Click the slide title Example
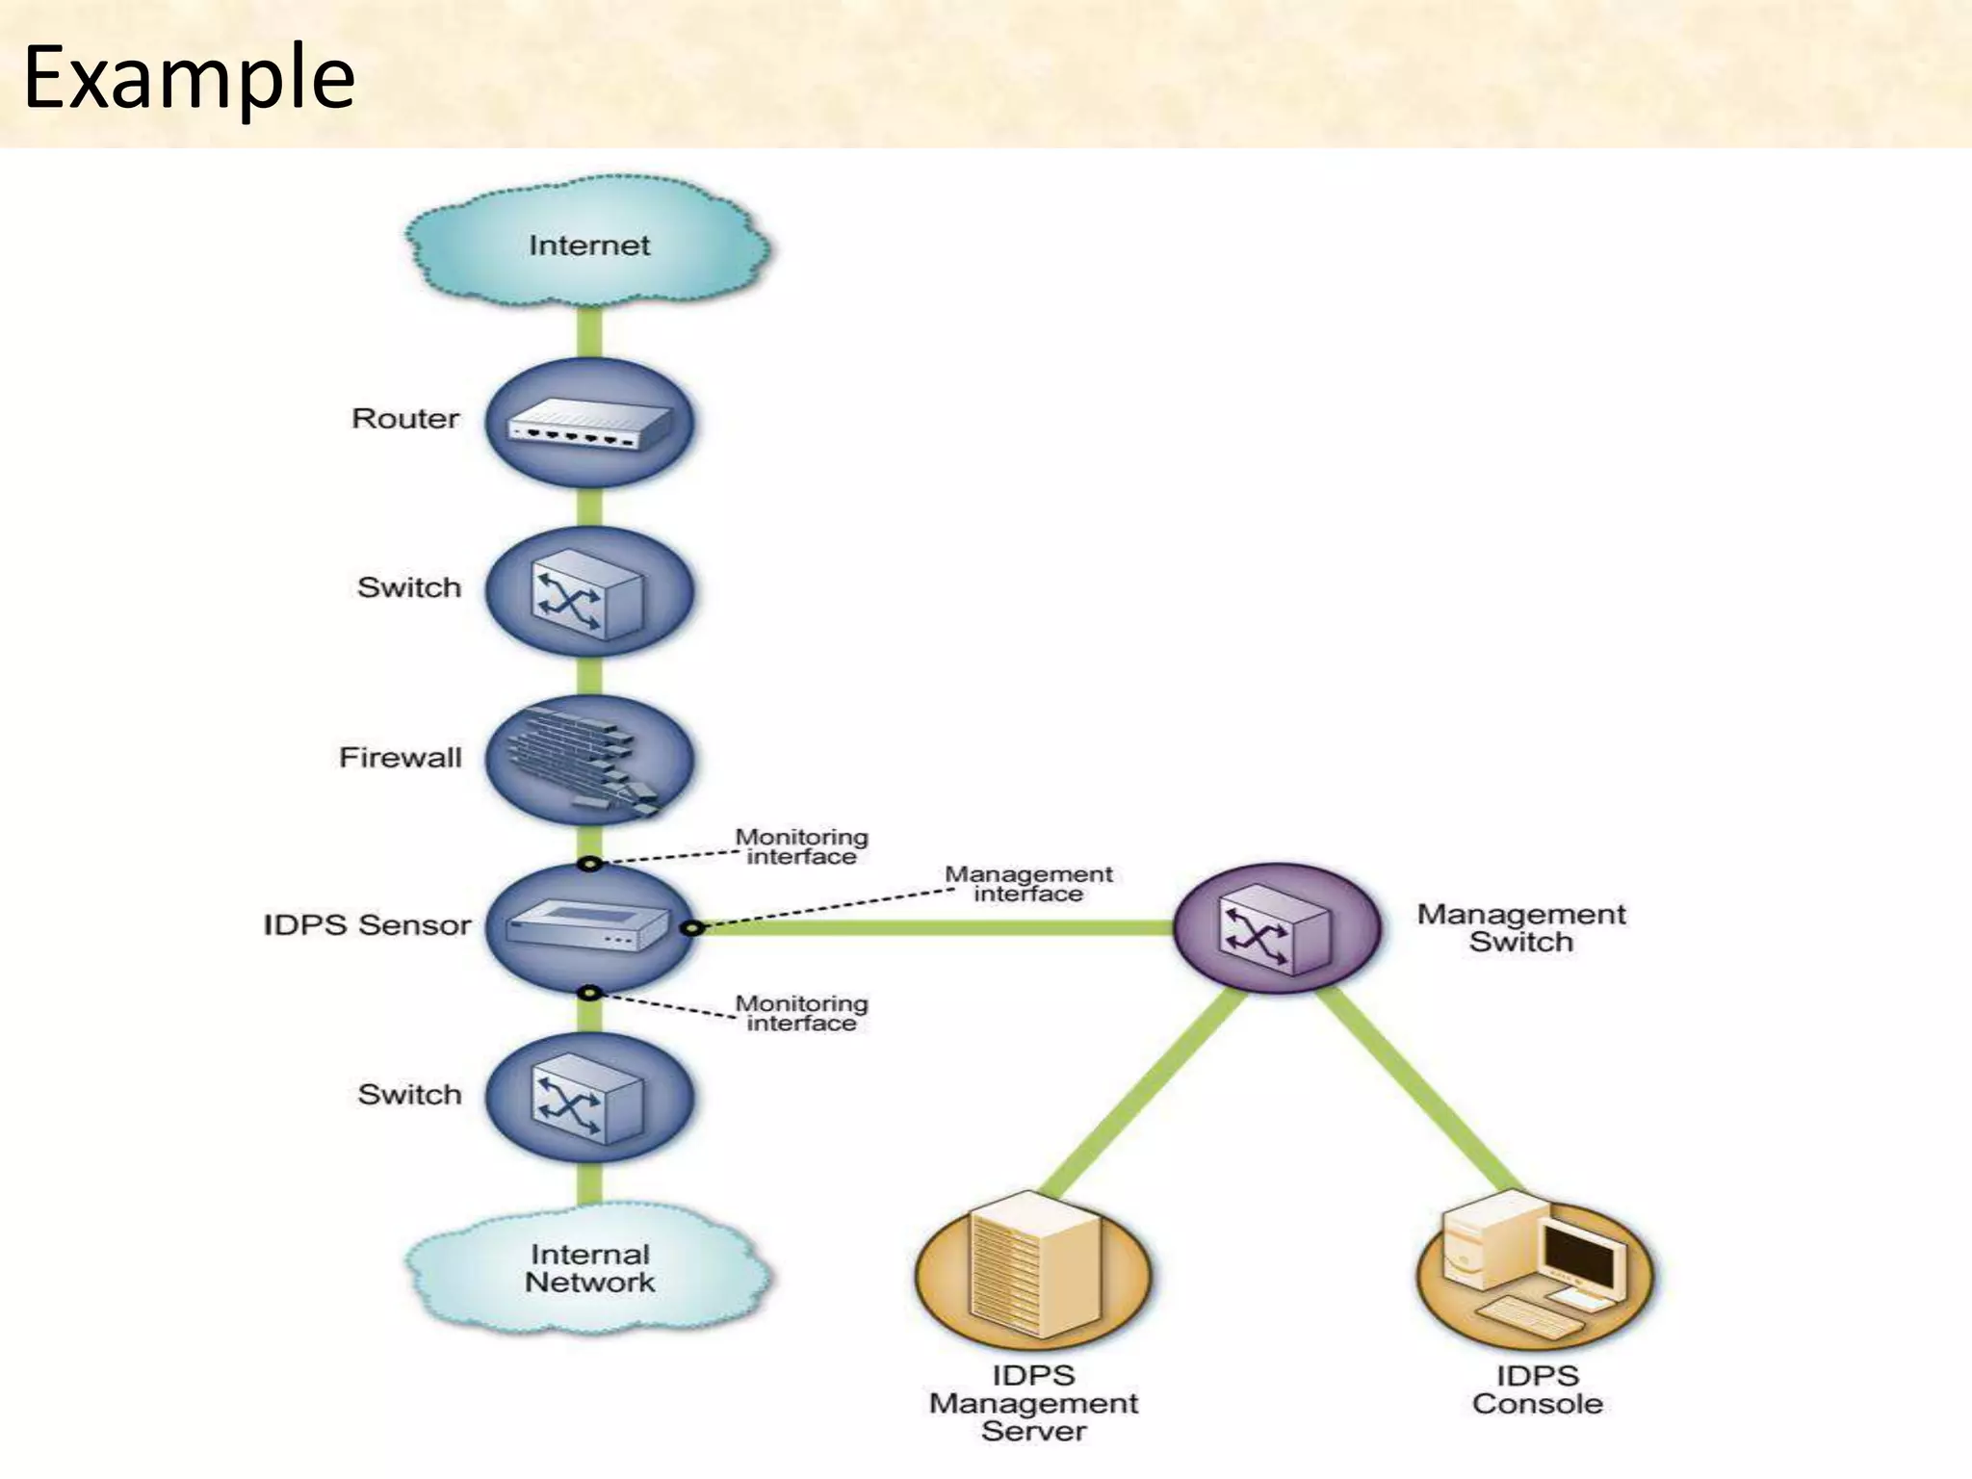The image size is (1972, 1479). (x=189, y=77)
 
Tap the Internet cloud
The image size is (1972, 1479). (x=588, y=245)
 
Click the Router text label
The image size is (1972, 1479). (x=405, y=419)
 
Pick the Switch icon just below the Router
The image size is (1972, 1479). (x=588, y=592)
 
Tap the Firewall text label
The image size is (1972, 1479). (x=400, y=758)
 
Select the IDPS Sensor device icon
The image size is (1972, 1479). (x=588, y=927)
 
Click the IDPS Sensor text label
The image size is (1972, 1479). (x=367, y=925)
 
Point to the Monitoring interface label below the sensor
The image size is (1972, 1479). (x=801, y=1014)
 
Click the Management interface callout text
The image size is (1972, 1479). (x=1028, y=884)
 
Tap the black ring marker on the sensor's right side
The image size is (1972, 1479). (x=692, y=928)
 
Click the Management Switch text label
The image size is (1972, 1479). (x=1520, y=928)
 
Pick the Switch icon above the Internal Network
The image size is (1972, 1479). (x=588, y=1098)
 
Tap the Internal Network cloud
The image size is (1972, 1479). (x=588, y=1268)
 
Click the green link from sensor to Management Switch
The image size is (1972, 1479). (x=934, y=928)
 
